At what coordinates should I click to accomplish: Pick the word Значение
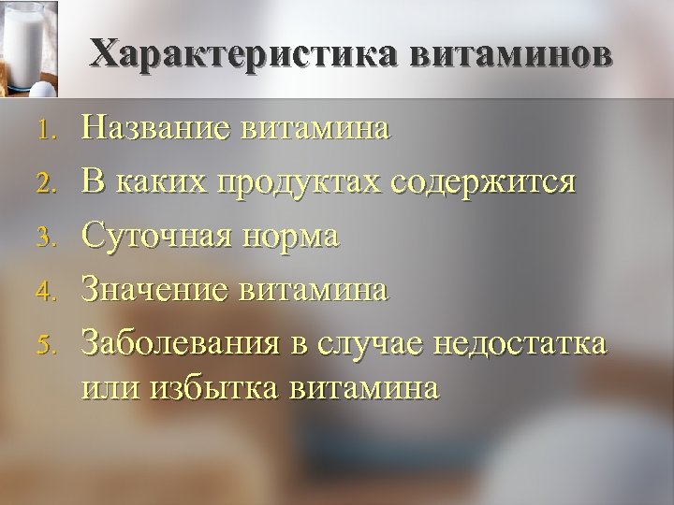click(153, 290)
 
